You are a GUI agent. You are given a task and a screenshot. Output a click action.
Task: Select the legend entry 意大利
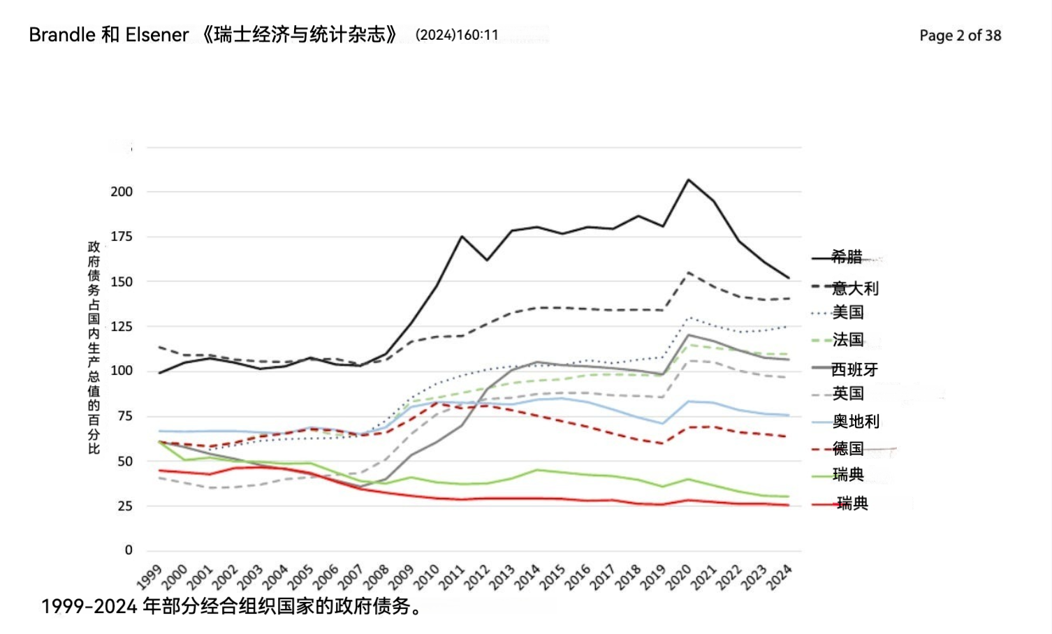pos(854,288)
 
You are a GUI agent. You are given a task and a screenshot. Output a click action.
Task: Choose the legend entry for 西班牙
pos(854,369)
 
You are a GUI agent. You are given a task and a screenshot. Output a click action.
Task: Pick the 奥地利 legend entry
pos(856,421)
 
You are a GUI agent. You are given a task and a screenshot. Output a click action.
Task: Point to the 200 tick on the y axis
pos(122,192)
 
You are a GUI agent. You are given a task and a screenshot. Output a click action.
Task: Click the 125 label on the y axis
pos(122,326)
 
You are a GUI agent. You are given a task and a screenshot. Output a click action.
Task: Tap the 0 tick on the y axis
pos(129,550)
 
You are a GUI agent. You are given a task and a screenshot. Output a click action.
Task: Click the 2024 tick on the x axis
pos(779,577)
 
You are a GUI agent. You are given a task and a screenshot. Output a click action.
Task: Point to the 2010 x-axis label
pos(426,577)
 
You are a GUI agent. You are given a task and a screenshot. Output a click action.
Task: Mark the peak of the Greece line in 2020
pos(688,179)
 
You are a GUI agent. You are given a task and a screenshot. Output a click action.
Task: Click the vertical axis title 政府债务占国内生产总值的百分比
pos(94,347)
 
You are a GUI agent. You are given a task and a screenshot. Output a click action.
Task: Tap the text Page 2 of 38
pos(960,36)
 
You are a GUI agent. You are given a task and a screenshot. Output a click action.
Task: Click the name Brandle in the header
pos(62,35)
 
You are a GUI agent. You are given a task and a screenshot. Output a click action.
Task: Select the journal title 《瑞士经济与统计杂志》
pos(300,35)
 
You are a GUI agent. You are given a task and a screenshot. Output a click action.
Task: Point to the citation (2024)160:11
pos(457,35)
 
